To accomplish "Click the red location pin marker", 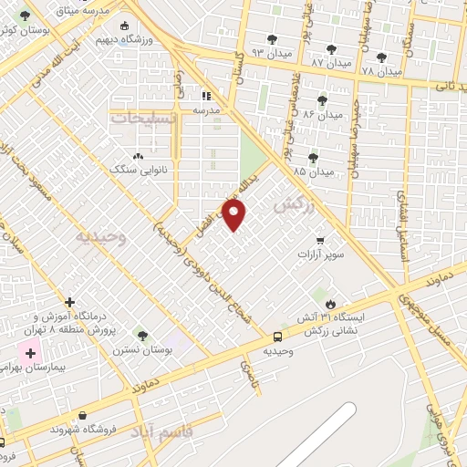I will point(234,215).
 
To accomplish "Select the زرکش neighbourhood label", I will point(293,208).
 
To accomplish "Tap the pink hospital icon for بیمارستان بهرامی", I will point(29,353).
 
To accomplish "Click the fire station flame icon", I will point(330,304).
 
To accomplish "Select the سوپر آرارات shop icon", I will point(319,241).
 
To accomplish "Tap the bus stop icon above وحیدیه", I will point(277,336).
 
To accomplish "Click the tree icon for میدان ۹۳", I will point(271,39).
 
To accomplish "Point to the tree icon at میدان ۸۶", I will point(321,100).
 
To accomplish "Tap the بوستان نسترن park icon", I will point(140,335).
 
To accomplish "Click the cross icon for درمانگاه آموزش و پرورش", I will point(70,302).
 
